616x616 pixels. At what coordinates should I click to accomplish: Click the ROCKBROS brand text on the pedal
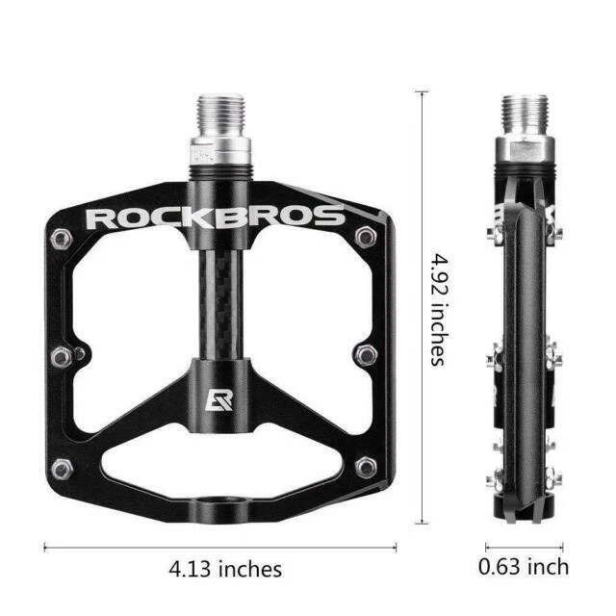click(214, 216)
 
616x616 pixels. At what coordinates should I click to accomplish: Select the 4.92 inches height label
click(439, 308)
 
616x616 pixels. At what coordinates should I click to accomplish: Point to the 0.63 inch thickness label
click(524, 567)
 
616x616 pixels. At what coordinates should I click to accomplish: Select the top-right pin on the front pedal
click(366, 237)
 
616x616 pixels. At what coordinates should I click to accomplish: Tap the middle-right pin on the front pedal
click(365, 355)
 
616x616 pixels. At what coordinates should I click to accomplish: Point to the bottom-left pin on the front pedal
click(64, 469)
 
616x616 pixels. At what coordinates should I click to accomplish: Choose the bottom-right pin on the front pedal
click(366, 468)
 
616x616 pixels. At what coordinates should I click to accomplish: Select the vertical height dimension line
click(422, 308)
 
